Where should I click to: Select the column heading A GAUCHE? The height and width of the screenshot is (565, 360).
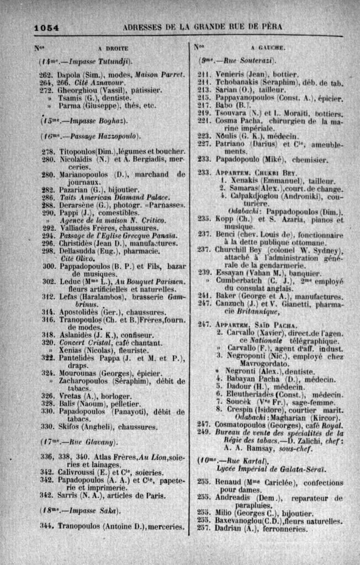point(267,48)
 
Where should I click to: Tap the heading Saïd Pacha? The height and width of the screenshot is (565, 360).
point(279,324)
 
